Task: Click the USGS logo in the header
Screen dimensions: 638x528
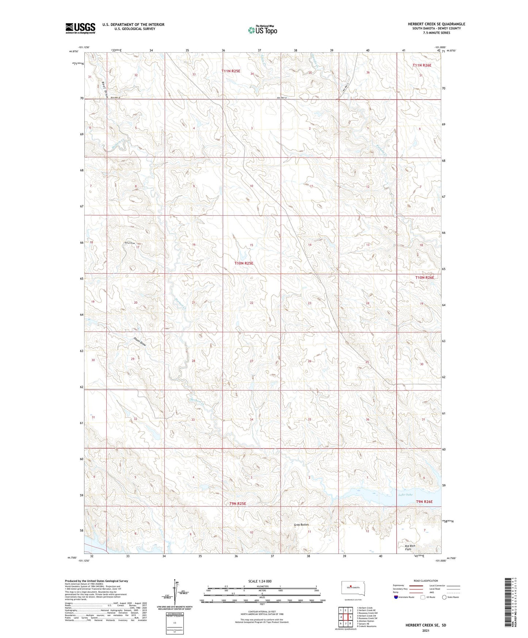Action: click(80, 28)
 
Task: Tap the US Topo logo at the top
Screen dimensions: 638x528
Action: click(262, 30)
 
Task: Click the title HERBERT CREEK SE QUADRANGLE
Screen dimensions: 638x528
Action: click(436, 24)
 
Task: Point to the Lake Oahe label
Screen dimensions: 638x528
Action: click(405, 495)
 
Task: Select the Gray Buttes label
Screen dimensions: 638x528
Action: click(301, 525)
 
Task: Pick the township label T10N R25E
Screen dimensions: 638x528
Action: click(244, 263)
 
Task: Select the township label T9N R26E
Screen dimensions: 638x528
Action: click(424, 502)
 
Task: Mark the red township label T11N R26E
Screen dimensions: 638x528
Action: click(422, 65)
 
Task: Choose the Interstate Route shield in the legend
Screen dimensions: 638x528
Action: click(396, 597)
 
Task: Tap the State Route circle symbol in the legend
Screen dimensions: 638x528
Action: click(444, 597)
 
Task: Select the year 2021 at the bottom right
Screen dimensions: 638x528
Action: click(425, 631)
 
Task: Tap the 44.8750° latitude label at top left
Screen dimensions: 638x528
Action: click(73, 52)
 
